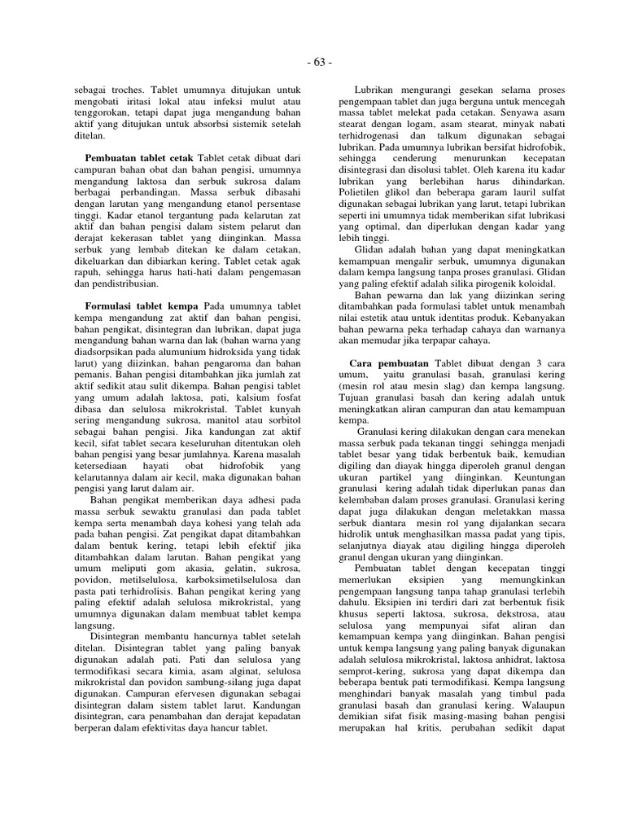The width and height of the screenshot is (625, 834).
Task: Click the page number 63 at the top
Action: [x=319, y=63]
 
